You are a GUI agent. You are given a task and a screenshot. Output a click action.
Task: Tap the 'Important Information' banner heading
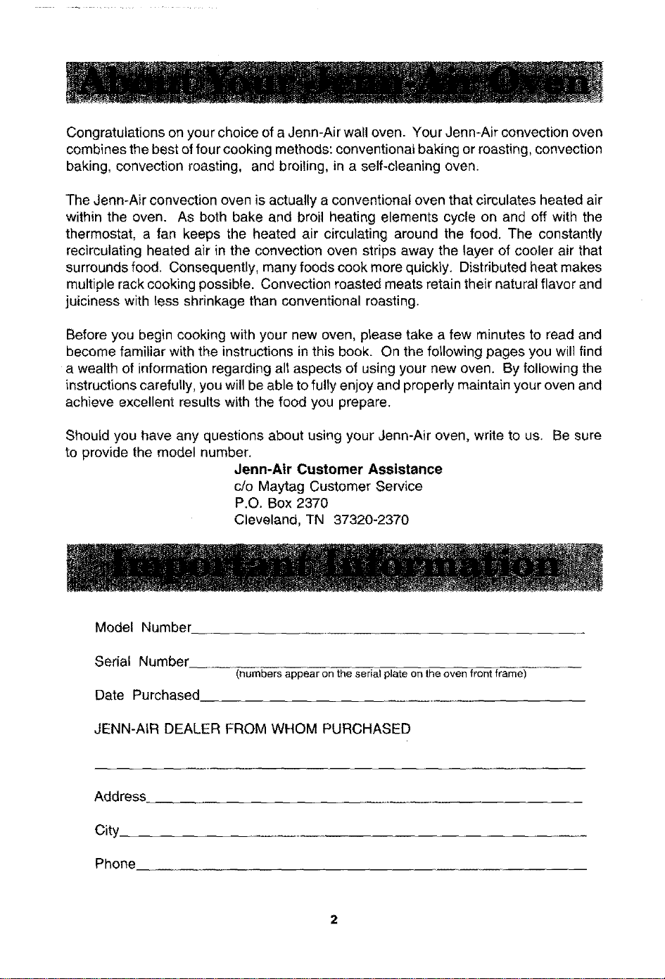coord(334,567)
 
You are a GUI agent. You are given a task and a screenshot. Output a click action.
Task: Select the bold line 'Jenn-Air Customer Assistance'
coord(338,469)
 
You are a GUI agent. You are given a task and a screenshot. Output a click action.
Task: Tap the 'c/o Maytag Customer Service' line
coord(328,487)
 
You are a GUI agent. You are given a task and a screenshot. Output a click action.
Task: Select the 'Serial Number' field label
coord(141,662)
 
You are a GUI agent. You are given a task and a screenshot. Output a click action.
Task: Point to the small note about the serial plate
coord(381,674)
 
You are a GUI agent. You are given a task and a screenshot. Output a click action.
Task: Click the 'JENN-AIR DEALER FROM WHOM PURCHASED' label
coord(253,729)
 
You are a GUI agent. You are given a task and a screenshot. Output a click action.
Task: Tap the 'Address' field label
coord(120,796)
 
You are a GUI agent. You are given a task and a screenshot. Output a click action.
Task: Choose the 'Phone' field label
coord(115,864)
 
